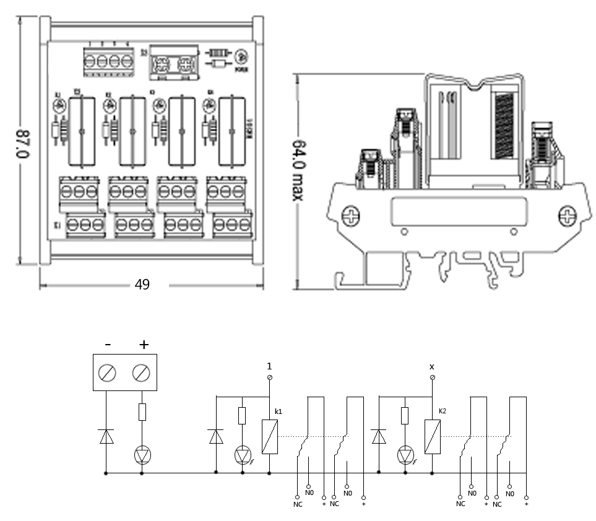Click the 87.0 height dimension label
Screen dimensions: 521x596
coord(23,143)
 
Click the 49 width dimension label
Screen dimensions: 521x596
coord(142,285)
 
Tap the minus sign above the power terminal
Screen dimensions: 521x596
coord(108,344)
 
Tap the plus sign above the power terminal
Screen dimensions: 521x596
coord(144,344)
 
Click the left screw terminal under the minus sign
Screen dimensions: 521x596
coord(108,372)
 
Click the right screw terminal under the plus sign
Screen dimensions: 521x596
coord(142,372)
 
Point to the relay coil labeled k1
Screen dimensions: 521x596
coord(270,437)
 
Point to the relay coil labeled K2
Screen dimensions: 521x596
coord(432,437)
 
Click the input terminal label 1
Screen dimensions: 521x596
coord(269,365)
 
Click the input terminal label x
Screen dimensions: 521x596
coord(432,366)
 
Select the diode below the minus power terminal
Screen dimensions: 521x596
coord(107,437)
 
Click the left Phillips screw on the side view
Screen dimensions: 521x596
coord(350,217)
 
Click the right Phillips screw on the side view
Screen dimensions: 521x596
coord(567,217)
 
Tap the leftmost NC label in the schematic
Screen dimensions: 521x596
coord(296,504)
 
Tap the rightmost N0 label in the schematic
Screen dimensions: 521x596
coord(509,494)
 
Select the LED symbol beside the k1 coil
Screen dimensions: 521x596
coord(242,456)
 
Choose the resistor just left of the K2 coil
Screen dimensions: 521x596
coord(405,416)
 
